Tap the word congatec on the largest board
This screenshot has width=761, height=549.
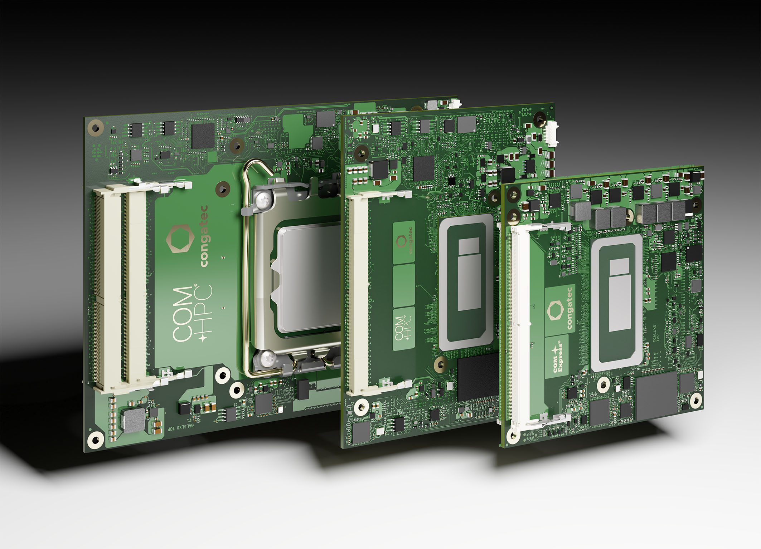204,236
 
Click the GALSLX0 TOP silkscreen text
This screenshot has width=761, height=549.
181,427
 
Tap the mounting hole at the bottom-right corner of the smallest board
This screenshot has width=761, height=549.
695,400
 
